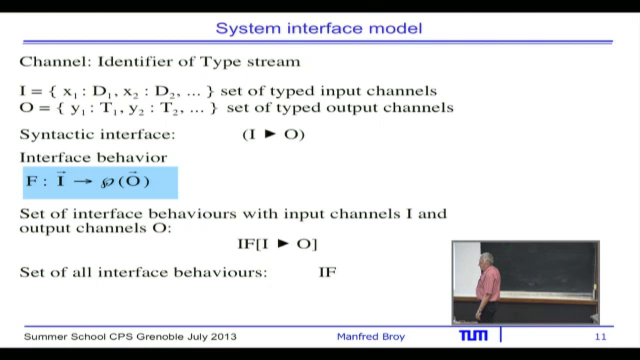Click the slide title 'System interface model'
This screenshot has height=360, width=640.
pyautogui.click(x=319, y=27)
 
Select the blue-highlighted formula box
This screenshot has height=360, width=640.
pyautogui.click(x=99, y=183)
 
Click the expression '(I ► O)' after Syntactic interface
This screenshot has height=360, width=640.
pyautogui.click(x=273, y=134)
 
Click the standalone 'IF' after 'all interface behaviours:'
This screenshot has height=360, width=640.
pyautogui.click(x=327, y=272)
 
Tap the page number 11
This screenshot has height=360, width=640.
pyautogui.click(x=600, y=338)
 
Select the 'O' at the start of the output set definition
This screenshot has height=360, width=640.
pyautogui.click(x=25, y=108)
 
